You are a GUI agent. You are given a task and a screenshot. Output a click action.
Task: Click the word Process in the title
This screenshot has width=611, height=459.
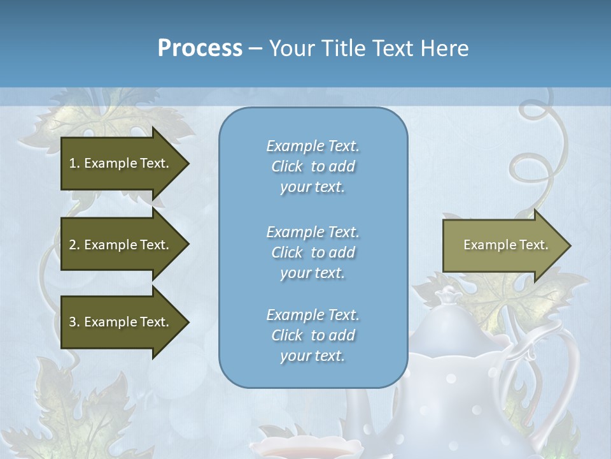coord(200,48)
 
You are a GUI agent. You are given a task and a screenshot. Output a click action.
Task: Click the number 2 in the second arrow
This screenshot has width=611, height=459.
coord(73,245)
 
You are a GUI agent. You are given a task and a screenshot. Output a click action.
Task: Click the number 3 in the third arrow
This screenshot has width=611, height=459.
coord(73,322)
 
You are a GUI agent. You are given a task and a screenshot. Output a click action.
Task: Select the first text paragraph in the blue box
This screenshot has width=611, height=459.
coord(313,166)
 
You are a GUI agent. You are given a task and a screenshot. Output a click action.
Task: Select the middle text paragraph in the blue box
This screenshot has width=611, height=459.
coord(313,252)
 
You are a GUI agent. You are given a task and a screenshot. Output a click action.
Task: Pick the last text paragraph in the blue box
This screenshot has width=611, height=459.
coord(313,335)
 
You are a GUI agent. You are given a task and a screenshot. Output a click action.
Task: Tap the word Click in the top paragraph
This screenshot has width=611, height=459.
coord(286,166)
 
